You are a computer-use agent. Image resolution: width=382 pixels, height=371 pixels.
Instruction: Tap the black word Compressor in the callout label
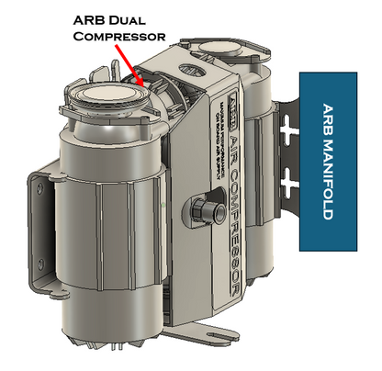[119, 37]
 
